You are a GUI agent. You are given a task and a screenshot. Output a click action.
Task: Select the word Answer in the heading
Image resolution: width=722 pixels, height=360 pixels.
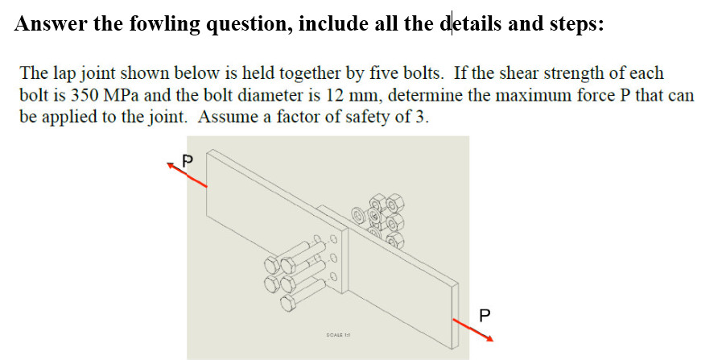tap(50, 23)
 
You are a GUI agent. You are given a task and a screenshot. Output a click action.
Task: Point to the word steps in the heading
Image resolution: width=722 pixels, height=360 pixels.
tap(573, 23)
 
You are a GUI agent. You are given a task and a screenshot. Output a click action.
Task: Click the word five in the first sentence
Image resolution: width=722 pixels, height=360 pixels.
tap(386, 73)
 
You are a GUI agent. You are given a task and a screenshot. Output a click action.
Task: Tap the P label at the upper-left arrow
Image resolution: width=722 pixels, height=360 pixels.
tap(189, 158)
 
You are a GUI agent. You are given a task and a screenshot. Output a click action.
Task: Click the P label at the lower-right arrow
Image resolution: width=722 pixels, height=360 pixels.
tap(485, 312)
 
